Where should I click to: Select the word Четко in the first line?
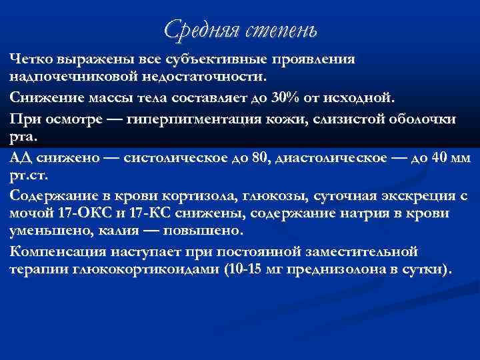pos(32,59)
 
